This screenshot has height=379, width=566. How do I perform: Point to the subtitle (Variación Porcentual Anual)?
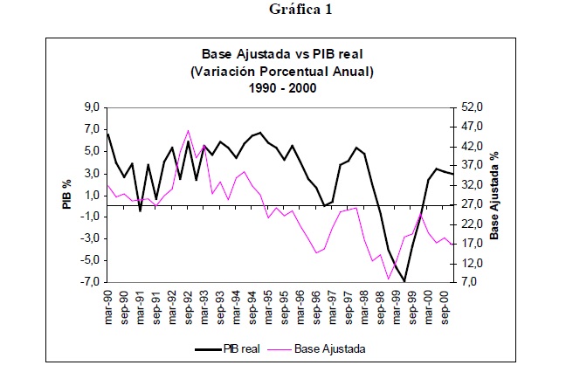coord(281,72)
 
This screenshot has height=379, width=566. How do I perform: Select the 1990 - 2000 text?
coord(281,87)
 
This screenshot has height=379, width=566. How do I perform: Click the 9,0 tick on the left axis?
coord(92,107)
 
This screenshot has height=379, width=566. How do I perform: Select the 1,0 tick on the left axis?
coord(92,195)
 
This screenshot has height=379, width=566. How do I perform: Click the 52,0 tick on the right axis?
coord(471,107)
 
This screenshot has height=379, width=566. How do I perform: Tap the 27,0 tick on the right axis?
coord(471,204)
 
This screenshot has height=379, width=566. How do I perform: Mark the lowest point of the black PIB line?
coord(404,281)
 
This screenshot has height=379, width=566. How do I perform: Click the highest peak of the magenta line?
coord(188,130)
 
